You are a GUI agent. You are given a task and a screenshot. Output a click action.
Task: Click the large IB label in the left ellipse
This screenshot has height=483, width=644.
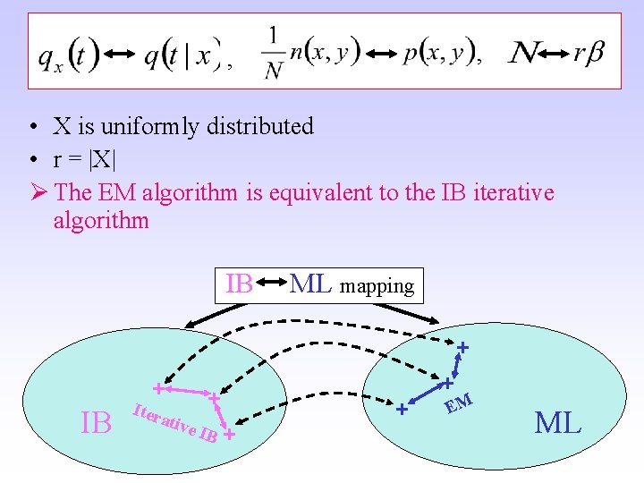[x=97, y=422]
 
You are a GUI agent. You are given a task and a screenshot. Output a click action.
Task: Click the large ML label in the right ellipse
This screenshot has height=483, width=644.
[x=558, y=421]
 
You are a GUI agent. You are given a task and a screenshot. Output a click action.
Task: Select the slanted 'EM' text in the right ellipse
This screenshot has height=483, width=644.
[x=459, y=403]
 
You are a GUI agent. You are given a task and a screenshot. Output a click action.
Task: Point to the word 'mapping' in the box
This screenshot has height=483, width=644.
[x=376, y=286]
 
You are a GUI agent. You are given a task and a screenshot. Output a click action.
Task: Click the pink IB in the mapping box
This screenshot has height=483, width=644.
[x=239, y=284]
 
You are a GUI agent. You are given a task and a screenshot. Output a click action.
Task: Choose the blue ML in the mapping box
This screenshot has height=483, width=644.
[x=310, y=284]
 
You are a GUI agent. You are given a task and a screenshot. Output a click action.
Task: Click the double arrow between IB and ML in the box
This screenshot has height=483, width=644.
[x=272, y=285]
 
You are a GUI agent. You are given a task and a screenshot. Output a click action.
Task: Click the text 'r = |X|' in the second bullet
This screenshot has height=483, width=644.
[x=83, y=159]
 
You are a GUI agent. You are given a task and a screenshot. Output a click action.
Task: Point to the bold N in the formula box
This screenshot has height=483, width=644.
[x=524, y=54]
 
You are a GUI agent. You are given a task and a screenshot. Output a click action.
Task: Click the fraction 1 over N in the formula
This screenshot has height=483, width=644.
[x=273, y=53]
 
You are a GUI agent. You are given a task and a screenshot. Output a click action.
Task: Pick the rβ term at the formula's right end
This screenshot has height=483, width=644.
[x=589, y=54]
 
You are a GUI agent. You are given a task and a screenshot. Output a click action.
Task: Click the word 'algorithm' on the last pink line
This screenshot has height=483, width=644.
[x=101, y=221]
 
